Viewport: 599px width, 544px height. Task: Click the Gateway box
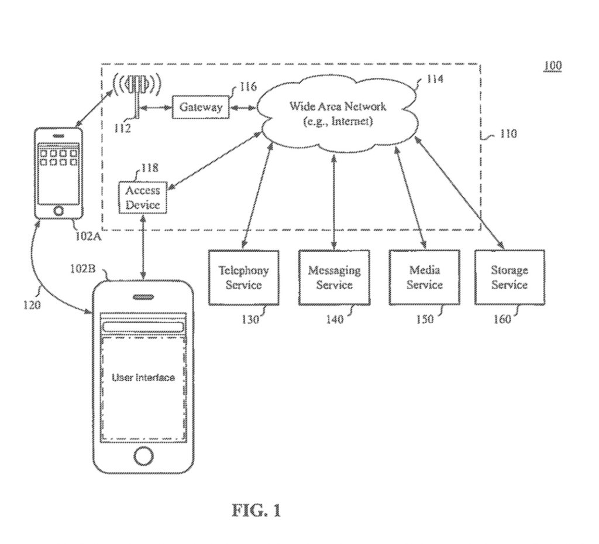pyautogui.click(x=200, y=107)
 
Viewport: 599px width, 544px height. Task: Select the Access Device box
pyautogui.click(x=142, y=197)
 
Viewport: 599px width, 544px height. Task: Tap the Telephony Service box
pyautogui.click(x=243, y=277)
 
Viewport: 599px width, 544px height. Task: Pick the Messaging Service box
pyautogui.click(x=334, y=277)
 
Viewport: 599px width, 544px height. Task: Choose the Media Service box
pyautogui.click(x=424, y=277)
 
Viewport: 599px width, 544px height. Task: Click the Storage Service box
pyautogui.click(x=509, y=277)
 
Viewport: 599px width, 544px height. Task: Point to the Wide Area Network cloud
pyautogui.click(x=338, y=114)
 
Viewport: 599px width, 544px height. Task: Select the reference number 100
pyautogui.click(x=552, y=65)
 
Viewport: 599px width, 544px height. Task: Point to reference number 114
pyautogui.click(x=433, y=79)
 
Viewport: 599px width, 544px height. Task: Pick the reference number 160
pyautogui.click(x=501, y=319)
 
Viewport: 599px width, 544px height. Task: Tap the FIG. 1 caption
pyautogui.click(x=256, y=510)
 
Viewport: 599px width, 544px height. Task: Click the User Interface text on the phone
pyautogui.click(x=143, y=378)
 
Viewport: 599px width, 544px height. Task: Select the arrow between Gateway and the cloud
pyautogui.click(x=242, y=108)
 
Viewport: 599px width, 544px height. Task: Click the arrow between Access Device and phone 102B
pyautogui.click(x=143, y=246)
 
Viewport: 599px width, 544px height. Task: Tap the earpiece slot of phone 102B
pyautogui.click(x=143, y=297)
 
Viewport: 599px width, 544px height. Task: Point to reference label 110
pyautogui.click(x=507, y=134)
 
